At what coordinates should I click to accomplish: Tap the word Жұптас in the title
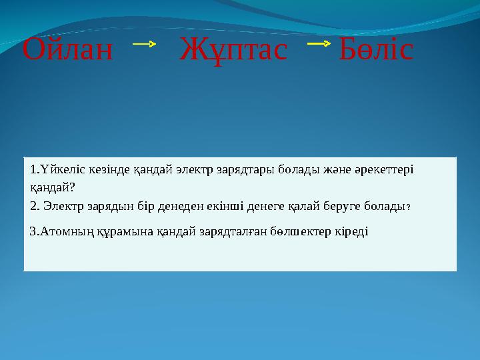point(233,50)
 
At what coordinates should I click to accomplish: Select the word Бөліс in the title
point(376,50)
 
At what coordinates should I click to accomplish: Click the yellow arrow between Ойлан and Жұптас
point(144,45)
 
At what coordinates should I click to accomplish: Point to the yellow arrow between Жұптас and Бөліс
point(319,45)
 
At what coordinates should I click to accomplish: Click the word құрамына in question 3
point(123,231)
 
